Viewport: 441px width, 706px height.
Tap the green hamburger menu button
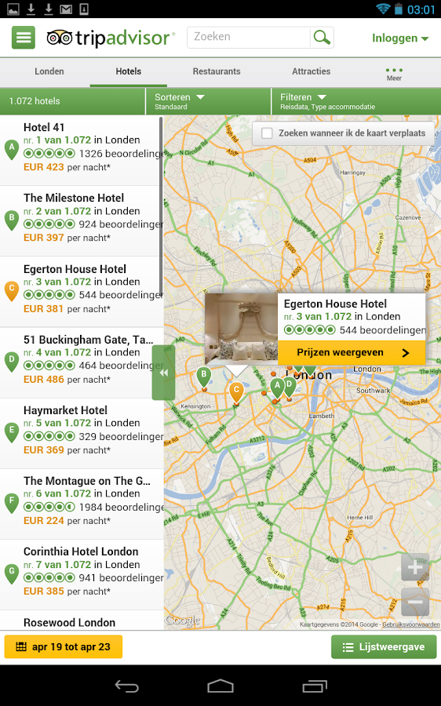pos(24,37)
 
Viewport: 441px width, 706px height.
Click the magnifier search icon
pos(322,37)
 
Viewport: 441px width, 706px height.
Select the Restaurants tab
pos(217,71)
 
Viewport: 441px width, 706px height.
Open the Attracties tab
pos(311,71)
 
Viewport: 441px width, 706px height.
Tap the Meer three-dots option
pos(394,73)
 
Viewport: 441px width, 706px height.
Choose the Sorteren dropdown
pos(180,101)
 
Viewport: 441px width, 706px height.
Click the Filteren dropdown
pos(303,101)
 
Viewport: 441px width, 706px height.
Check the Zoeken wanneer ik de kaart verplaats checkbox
pos(268,133)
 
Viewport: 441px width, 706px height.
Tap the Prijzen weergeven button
pos(352,353)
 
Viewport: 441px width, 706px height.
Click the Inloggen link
pos(399,38)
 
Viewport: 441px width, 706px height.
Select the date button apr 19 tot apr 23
pos(64,647)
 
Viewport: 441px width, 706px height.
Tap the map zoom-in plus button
pos(415,567)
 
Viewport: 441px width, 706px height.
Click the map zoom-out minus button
pos(415,602)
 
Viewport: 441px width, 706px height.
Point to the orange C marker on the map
pos(236,391)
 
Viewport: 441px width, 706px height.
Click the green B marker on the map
pos(203,376)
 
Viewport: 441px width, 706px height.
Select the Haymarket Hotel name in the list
pos(65,410)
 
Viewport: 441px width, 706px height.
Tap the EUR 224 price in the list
pos(44,521)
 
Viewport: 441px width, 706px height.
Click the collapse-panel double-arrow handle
pos(163,373)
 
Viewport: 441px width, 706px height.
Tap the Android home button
pos(220,686)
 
